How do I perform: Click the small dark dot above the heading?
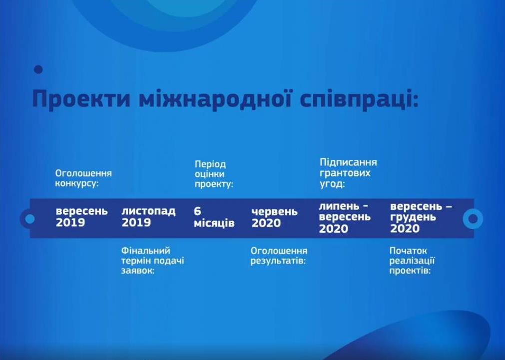click(38, 69)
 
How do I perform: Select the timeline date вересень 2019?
click(81, 217)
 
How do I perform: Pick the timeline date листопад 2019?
click(148, 217)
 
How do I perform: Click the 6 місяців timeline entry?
click(214, 217)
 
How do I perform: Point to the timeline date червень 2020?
click(274, 217)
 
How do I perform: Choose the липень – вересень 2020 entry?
click(345, 217)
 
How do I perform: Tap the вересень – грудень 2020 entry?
click(421, 217)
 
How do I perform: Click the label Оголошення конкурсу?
click(83, 178)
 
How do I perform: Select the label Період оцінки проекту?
click(214, 174)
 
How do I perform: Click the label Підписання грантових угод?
click(348, 173)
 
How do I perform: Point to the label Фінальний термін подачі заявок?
click(153, 261)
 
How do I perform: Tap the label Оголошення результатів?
click(279, 256)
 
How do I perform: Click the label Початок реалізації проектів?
click(412, 261)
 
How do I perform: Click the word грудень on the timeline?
click(413, 218)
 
